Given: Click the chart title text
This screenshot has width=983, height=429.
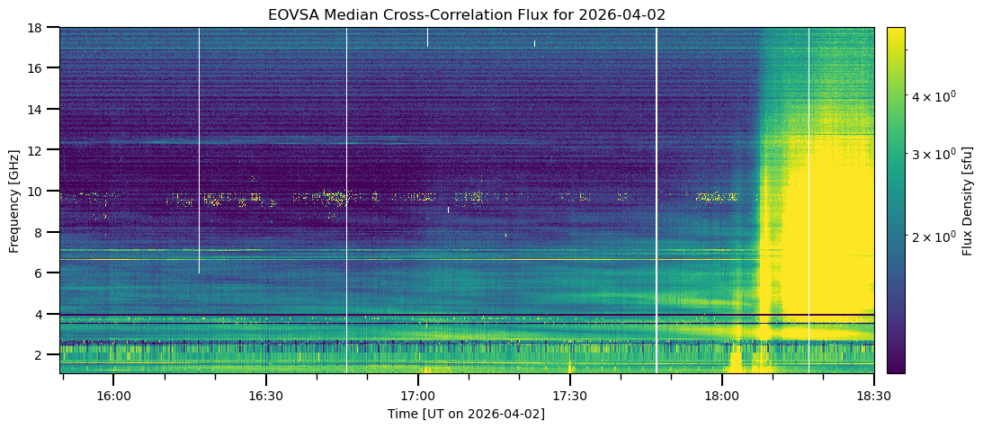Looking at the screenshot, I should pyautogui.click(x=467, y=15).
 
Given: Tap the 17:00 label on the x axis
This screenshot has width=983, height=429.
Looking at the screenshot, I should pyautogui.click(x=417, y=396).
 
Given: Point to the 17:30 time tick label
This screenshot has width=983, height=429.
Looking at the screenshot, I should pyautogui.click(x=569, y=396).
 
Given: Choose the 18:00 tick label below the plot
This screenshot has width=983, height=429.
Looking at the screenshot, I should pyautogui.click(x=721, y=396).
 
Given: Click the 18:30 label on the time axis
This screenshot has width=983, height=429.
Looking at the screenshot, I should pyautogui.click(x=872, y=396).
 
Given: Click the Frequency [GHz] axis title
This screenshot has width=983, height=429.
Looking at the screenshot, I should pyautogui.click(x=13, y=200).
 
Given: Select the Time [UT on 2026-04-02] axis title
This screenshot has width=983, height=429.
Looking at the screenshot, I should pyautogui.click(x=466, y=414).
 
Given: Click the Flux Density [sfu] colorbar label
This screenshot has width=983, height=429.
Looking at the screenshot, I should pyautogui.click(x=968, y=200).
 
